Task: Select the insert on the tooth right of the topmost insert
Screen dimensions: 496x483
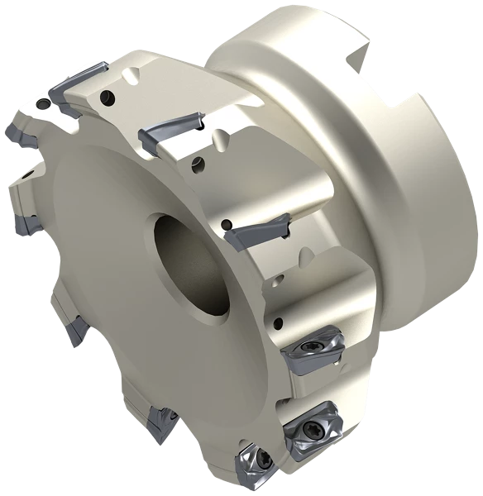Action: point(170,128)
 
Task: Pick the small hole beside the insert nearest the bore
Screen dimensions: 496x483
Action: point(227,222)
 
